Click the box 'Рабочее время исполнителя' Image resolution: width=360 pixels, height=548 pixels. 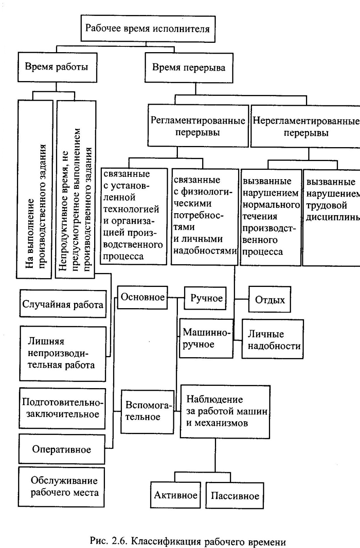click(x=148, y=29)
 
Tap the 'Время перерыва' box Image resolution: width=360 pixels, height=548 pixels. click(x=189, y=68)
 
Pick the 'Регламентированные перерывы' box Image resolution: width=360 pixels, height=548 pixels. click(x=198, y=126)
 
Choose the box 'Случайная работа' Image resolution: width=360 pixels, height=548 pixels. click(x=63, y=305)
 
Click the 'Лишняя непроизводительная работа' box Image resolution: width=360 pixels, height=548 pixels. click(x=63, y=353)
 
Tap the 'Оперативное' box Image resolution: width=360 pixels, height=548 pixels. click(x=62, y=450)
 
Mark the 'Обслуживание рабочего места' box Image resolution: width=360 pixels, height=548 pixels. click(x=62, y=487)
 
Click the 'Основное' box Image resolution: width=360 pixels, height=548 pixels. click(x=142, y=297)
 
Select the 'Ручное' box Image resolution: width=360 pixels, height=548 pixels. click(x=205, y=298)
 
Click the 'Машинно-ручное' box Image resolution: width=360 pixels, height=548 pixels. click(x=206, y=338)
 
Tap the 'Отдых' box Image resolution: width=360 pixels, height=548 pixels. click(x=270, y=300)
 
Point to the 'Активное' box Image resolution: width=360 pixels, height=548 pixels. click(x=176, y=495)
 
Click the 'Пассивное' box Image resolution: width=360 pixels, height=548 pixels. click(x=235, y=496)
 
